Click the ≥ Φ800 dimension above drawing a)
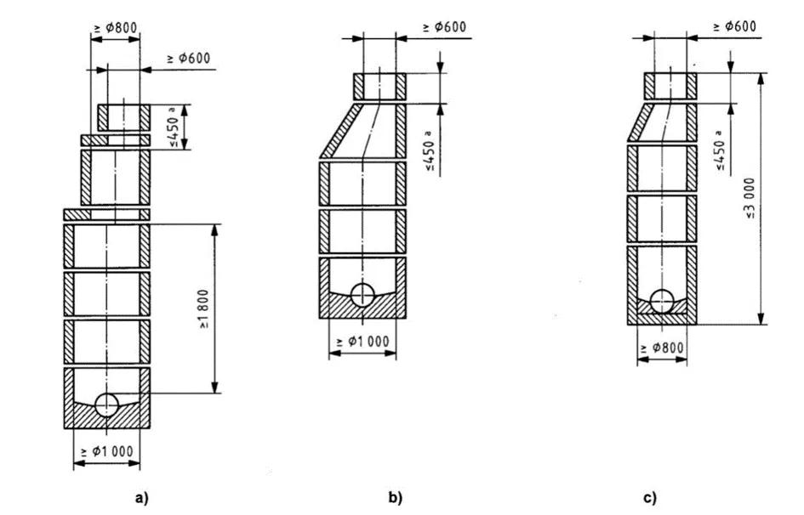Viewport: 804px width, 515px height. pyautogui.click(x=116, y=28)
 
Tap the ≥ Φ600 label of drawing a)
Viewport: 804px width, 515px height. pyautogui.click(x=189, y=59)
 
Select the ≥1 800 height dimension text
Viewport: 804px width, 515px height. pyautogui.click(x=203, y=308)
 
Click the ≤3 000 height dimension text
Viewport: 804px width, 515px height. pyautogui.click(x=750, y=199)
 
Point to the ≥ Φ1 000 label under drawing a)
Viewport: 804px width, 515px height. pyautogui.click(x=106, y=452)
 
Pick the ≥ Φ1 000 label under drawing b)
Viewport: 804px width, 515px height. pyautogui.click(x=362, y=342)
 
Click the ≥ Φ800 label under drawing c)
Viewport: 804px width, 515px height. pyautogui.click(x=662, y=348)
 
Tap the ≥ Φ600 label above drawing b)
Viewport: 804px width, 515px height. pyautogui.click(x=445, y=27)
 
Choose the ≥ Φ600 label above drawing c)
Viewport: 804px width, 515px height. pyautogui.click(x=735, y=26)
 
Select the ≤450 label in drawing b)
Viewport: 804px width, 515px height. pyautogui.click(x=429, y=151)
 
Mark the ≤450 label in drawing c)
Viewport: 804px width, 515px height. pyautogui.click(x=720, y=150)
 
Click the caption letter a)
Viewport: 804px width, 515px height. pyautogui.click(x=140, y=498)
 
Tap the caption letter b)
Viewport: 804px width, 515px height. pyautogui.click(x=396, y=498)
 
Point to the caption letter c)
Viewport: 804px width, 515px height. pyautogui.click(x=649, y=498)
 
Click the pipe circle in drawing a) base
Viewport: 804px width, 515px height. pyautogui.click(x=106, y=405)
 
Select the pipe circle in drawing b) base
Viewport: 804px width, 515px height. pyautogui.click(x=362, y=295)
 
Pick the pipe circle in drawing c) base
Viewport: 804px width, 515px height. pyautogui.click(x=662, y=301)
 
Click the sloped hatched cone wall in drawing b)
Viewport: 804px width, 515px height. pyautogui.click(x=341, y=131)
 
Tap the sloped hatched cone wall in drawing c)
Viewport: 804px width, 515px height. pyautogui.click(x=641, y=122)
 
